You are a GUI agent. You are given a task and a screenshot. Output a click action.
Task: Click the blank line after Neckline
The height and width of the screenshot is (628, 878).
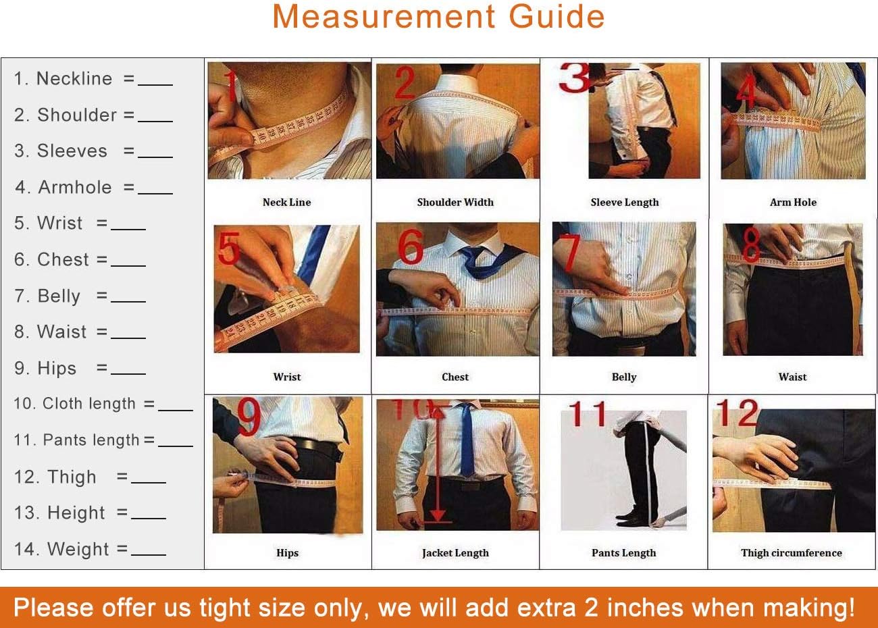(155, 84)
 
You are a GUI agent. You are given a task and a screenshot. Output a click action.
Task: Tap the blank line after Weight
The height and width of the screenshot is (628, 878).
(149, 554)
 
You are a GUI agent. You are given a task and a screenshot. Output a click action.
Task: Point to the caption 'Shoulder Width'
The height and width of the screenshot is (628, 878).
(455, 202)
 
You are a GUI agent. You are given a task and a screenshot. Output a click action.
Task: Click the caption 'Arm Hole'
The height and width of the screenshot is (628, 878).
(793, 202)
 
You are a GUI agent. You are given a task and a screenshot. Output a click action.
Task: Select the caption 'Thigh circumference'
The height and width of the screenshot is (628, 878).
(792, 552)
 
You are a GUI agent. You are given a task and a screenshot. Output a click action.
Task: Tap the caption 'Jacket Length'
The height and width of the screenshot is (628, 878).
(455, 552)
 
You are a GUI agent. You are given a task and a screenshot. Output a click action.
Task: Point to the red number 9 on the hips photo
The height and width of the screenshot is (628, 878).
(249, 417)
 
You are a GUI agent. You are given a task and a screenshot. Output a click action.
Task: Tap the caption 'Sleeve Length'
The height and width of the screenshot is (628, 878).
(624, 202)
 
